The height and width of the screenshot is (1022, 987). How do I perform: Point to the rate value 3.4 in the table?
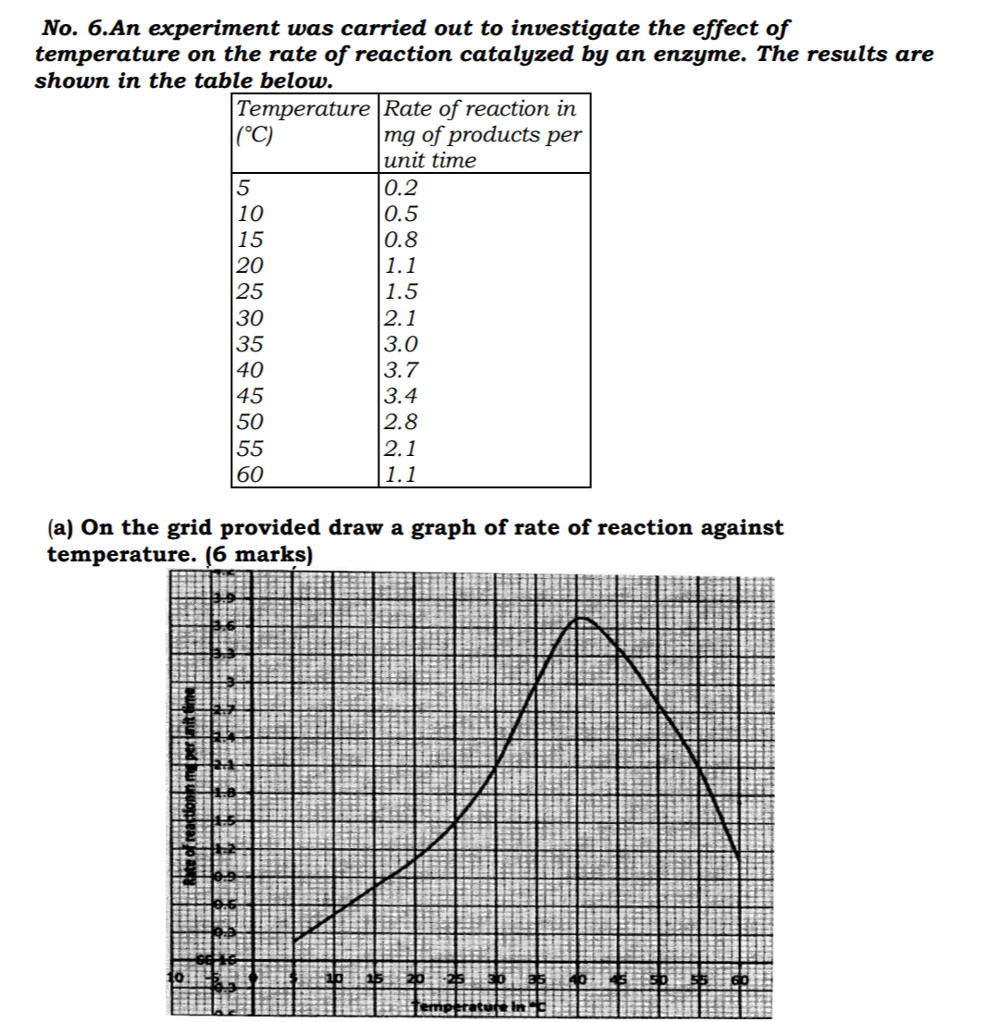point(401,397)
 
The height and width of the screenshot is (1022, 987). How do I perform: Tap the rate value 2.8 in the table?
point(401,423)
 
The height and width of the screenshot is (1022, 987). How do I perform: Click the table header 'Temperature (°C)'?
point(302,121)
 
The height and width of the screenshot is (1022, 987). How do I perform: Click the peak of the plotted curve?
point(580,617)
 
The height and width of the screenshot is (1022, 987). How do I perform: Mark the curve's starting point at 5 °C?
point(294,942)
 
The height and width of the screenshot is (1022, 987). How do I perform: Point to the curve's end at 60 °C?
point(738,859)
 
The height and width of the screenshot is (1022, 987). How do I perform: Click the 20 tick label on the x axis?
point(416,979)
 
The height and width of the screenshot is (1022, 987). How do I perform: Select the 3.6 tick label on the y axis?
point(223,627)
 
